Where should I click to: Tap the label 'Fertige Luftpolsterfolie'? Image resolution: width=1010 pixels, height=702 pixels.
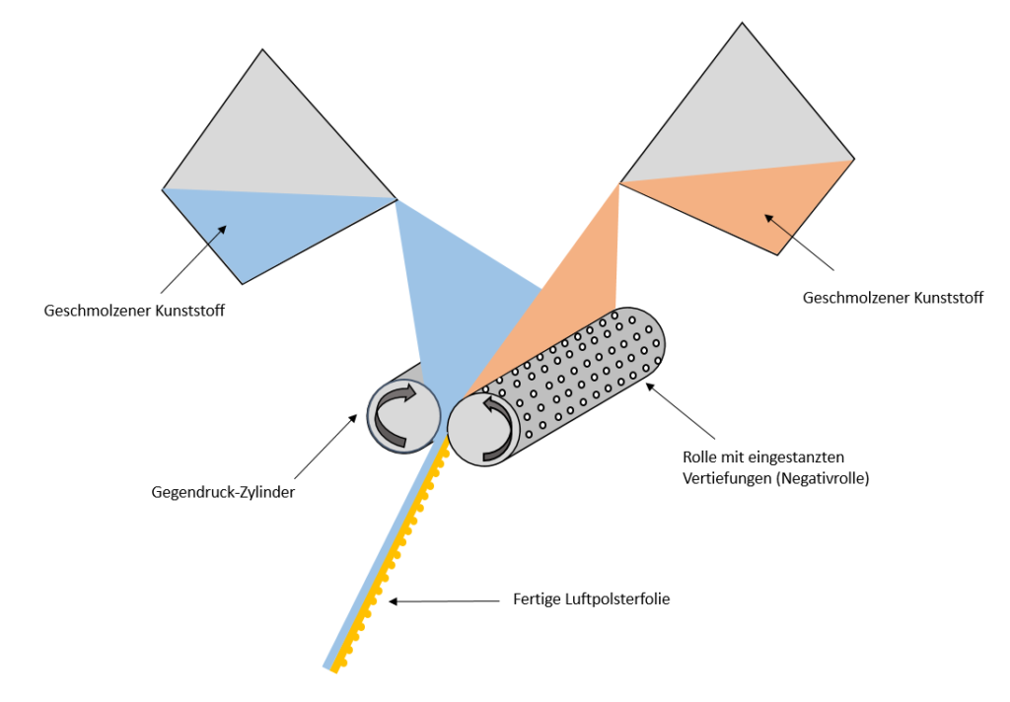(592, 598)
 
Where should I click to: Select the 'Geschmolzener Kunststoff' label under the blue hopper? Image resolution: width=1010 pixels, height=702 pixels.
(135, 311)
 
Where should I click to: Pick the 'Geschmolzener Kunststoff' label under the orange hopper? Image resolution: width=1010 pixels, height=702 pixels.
(893, 298)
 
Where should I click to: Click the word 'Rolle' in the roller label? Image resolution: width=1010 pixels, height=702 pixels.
(700, 458)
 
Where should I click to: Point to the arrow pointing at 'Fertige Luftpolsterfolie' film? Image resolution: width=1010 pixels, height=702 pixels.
(444, 599)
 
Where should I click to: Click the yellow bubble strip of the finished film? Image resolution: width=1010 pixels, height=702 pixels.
(395, 562)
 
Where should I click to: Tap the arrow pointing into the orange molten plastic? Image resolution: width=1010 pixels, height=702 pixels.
(799, 242)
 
